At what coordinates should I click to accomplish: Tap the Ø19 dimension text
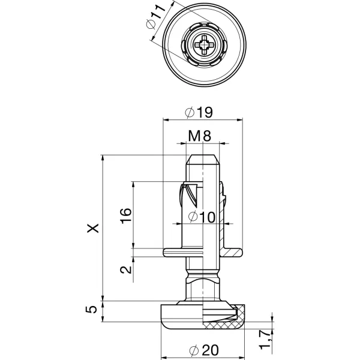[200, 112]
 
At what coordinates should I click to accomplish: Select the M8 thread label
[199, 136]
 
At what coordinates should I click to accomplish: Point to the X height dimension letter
[92, 228]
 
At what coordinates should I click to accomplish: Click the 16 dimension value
[125, 215]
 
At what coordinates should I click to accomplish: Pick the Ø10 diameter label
[200, 217]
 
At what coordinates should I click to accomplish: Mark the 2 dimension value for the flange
[125, 269]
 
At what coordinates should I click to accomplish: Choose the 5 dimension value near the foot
[91, 310]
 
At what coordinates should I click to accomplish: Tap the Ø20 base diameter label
[200, 350]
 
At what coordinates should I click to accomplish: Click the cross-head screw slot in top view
[205, 44]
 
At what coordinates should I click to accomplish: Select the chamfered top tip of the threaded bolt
[204, 160]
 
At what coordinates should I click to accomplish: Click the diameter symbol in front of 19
[190, 112]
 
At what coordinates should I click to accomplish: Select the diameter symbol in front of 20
[190, 350]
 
